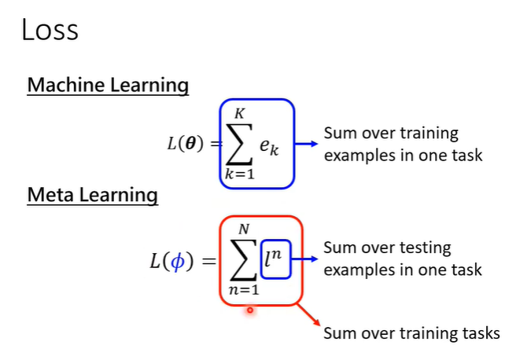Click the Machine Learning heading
pyautogui.click(x=108, y=85)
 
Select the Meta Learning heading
pyautogui.click(x=92, y=194)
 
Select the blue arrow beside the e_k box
pyautogui.click(x=309, y=144)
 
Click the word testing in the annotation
pyautogui.click(x=424, y=248)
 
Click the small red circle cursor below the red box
pyautogui.click(x=249, y=310)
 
